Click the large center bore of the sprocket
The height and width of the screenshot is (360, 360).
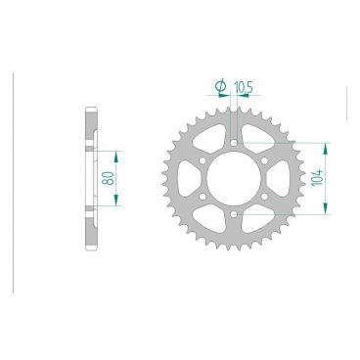(x=233, y=178)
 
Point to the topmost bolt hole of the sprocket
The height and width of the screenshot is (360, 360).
(x=233, y=142)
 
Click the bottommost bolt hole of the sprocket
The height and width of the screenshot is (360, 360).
(x=233, y=214)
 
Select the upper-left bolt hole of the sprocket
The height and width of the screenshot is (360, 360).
(x=202, y=159)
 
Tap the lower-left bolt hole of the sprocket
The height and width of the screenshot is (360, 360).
(x=202, y=197)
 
